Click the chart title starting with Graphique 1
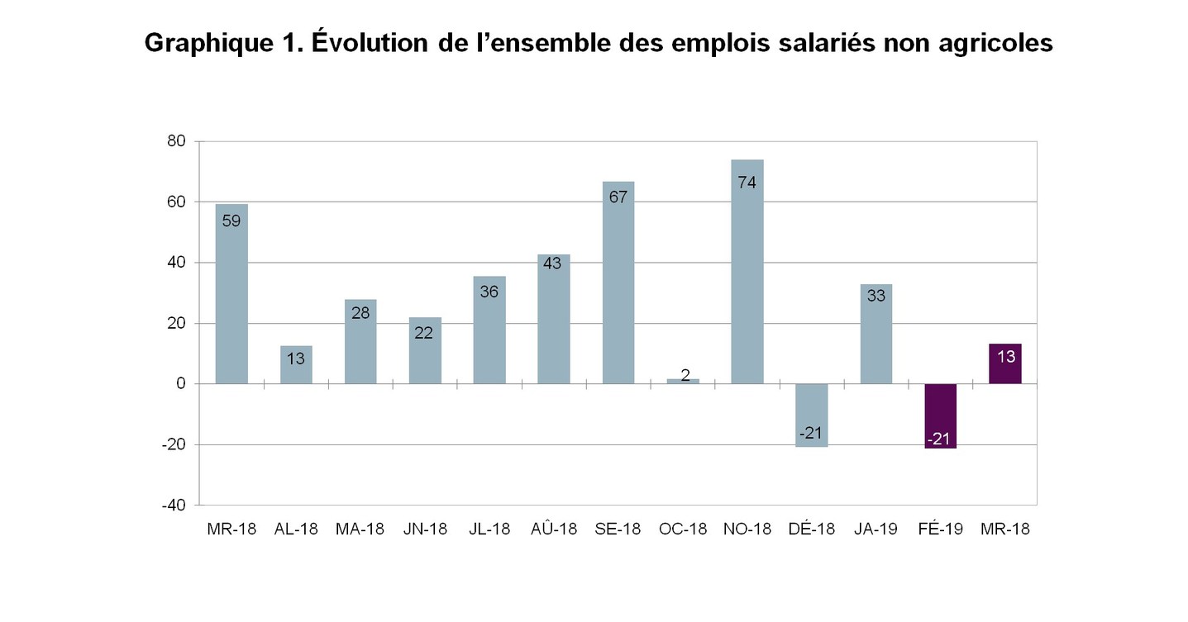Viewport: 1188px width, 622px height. tap(599, 43)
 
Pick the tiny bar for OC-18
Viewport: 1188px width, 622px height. tap(683, 381)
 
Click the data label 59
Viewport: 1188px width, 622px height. tap(231, 221)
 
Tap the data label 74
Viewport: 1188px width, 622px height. tap(747, 183)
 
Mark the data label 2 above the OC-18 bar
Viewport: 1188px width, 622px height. tap(685, 375)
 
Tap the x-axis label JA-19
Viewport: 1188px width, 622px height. tap(876, 529)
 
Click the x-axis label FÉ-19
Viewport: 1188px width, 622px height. tap(940, 529)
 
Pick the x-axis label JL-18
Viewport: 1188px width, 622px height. tap(489, 529)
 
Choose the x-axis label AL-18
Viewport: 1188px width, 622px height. tap(296, 529)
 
